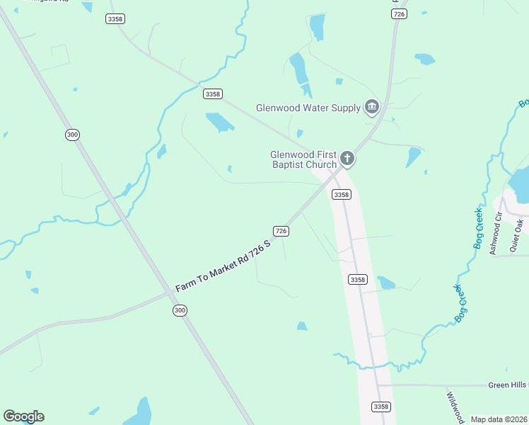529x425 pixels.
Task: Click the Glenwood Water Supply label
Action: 308,108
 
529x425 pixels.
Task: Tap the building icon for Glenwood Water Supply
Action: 372,108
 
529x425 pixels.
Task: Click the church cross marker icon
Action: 347,158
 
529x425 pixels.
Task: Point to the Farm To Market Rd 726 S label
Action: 223,267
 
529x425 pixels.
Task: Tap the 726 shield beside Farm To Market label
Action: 281,231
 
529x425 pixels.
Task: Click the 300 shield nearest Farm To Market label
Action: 180,310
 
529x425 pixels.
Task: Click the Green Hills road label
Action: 508,385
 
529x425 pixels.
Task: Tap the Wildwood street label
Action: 453,406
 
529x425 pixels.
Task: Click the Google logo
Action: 23,416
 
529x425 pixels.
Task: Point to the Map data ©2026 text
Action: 499,419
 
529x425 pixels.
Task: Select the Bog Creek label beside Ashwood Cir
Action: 478,227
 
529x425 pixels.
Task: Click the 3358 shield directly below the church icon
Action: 341,194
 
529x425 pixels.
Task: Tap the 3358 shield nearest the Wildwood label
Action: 380,406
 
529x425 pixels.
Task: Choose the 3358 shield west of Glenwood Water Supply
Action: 212,93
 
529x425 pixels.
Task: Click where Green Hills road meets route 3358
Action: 378,385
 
